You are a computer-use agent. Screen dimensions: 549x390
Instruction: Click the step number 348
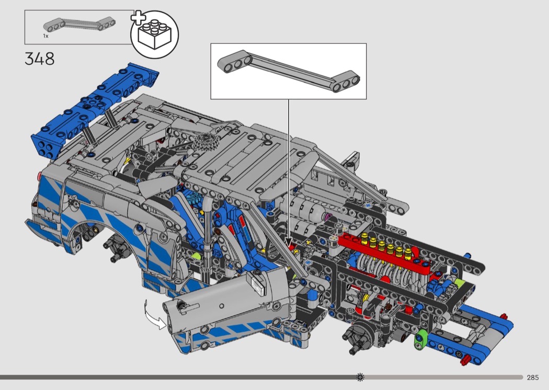tap(40, 59)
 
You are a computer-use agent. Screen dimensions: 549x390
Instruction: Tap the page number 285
tap(533, 377)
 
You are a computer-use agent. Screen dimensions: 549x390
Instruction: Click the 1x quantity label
tap(45, 36)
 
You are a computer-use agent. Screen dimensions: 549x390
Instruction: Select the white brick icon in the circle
tap(154, 34)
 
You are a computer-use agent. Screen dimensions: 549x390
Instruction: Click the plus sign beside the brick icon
tap(139, 18)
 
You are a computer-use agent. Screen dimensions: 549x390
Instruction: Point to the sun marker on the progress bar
tap(360, 377)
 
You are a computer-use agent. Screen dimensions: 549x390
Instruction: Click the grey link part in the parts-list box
tap(79, 25)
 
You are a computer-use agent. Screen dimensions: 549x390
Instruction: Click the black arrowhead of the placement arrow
tap(289, 243)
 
